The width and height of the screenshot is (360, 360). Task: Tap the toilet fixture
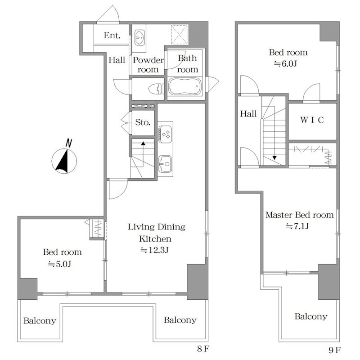(156, 89)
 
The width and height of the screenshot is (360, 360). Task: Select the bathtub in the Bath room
(185, 86)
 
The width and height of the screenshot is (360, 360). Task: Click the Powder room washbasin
(139, 37)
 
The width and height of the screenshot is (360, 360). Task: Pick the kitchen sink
(165, 164)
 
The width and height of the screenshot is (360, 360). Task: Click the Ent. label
(112, 36)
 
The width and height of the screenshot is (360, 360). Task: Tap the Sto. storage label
(143, 122)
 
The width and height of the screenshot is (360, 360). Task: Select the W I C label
(312, 120)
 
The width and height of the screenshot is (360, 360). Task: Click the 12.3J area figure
(155, 250)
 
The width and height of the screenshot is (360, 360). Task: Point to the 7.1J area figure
(297, 226)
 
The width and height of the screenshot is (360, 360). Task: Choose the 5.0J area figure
(59, 264)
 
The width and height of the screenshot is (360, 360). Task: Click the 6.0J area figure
(285, 63)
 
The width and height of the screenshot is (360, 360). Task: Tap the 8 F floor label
(203, 349)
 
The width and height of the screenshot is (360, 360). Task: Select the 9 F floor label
(335, 350)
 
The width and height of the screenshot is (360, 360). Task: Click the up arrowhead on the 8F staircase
(143, 144)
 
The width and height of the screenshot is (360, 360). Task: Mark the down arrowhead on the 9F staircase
(274, 158)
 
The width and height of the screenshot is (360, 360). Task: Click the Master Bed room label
(299, 215)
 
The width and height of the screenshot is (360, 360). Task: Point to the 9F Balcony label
(311, 316)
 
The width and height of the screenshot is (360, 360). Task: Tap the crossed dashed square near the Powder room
(179, 35)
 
